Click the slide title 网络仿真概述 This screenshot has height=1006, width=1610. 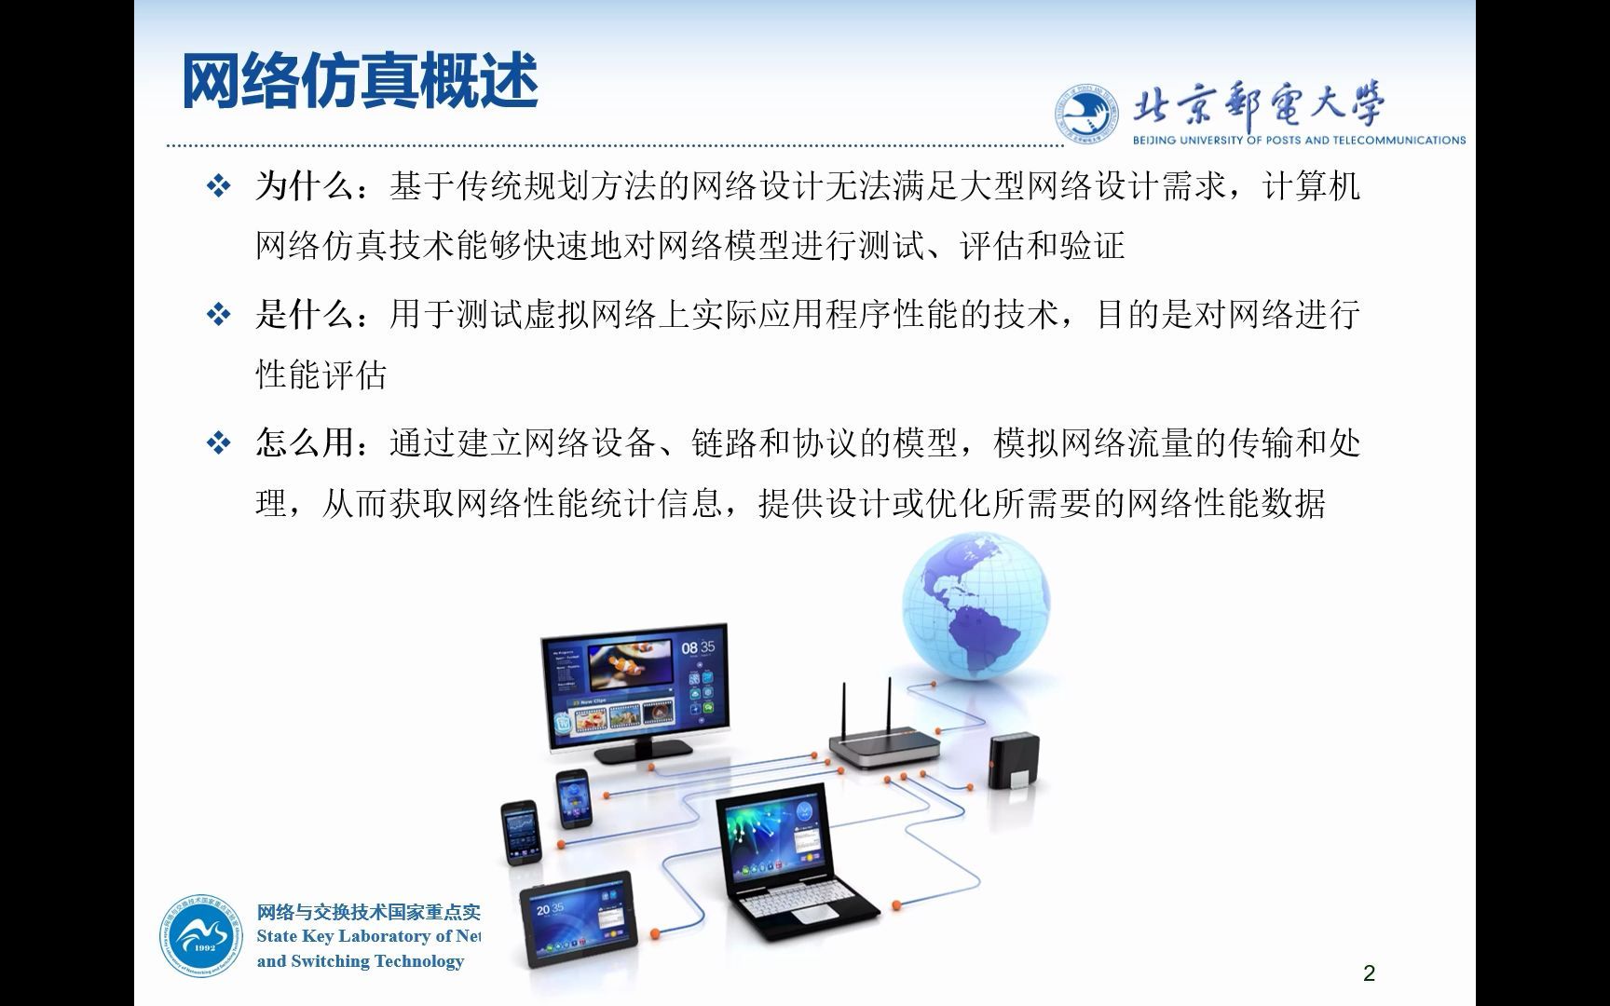coord(360,82)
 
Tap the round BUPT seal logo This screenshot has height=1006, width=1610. coord(1086,115)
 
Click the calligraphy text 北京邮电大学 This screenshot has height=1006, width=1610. coord(1258,105)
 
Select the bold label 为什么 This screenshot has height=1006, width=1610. coord(306,186)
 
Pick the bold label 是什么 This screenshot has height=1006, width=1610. coord(306,315)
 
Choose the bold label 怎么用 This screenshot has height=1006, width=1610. coord(306,443)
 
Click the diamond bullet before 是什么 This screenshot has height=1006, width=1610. coord(218,315)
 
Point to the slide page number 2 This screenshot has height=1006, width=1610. coord(1369,973)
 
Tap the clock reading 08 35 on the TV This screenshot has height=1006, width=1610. coord(698,647)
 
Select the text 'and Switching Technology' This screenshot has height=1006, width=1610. coord(361,961)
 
